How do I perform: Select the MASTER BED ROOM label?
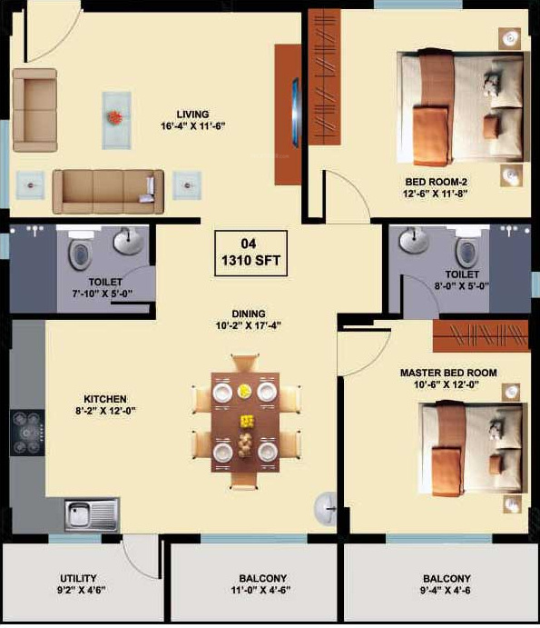pos(447,373)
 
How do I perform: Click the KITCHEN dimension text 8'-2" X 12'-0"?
pos(105,412)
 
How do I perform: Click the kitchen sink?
pos(91,515)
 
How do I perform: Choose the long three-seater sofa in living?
pos(106,190)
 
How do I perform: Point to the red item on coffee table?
pos(114,117)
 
